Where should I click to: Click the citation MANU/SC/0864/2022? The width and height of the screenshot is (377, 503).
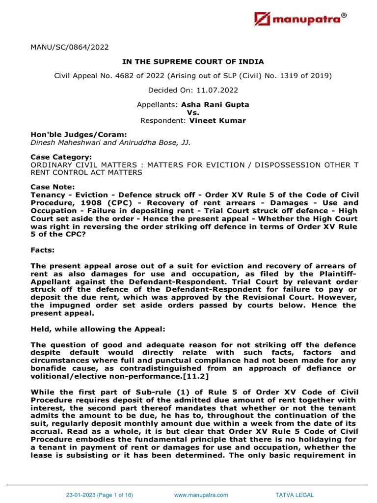pyautogui.click(x=70, y=48)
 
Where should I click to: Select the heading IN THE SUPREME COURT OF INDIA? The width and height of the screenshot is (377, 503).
pyautogui.click(x=193, y=61)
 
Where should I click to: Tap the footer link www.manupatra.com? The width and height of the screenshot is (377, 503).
pyautogui.click(x=201, y=495)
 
